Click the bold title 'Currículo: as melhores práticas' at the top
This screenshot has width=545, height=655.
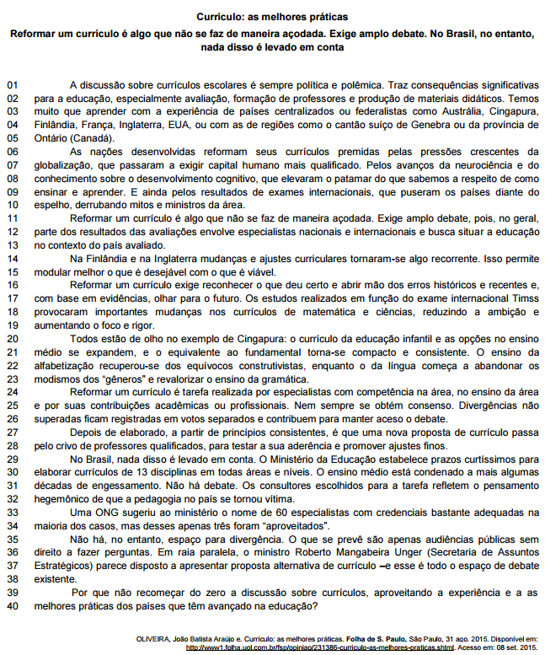271,16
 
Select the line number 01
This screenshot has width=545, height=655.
12,85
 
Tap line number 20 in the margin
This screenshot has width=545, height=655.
12,338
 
